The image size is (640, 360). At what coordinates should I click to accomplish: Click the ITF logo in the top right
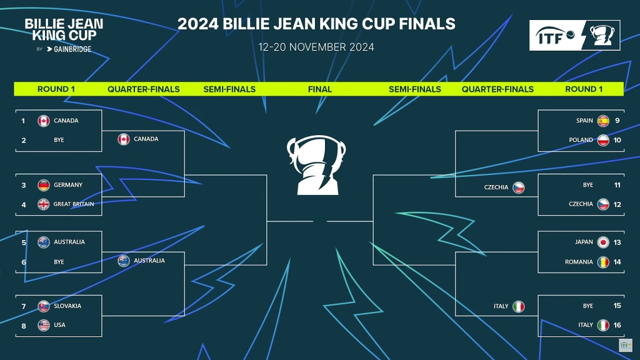click(x=575, y=36)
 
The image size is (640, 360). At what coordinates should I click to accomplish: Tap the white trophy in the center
click(x=316, y=165)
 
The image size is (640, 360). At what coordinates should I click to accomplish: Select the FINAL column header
click(x=319, y=89)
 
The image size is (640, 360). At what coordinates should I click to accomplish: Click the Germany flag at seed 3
click(x=44, y=185)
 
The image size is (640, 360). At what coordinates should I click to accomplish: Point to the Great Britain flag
click(x=44, y=204)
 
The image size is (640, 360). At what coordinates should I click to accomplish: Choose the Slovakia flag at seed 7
click(x=44, y=306)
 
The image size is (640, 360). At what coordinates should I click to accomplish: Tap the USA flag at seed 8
click(x=44, y=325)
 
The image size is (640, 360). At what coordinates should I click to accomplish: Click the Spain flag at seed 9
click(x=603, y=121)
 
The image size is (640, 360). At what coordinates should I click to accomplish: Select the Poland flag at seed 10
click(x=603, y=140)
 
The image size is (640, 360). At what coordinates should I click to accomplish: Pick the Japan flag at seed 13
click(x=603, y=242)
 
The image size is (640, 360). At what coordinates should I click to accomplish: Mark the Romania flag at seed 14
click(x=603, y=262)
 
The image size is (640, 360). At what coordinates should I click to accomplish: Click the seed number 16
click(x=617, y=325)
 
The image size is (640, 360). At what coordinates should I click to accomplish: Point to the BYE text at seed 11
click(x=587, y=185)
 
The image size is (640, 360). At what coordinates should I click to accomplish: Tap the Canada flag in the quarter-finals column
click(x=124, y=139)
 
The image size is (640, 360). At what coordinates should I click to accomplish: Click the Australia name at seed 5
click(x=69, y=242)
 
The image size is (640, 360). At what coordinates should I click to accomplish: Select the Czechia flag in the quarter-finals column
click(x=518, y=187)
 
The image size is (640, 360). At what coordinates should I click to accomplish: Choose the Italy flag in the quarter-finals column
click(x=518, y=306)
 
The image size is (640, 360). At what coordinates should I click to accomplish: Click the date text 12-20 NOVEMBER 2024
click(x=316, y=47)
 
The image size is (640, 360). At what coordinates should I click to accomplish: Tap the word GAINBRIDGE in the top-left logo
click(x=72, y=49)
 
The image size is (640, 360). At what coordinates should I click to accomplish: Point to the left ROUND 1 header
click(x=56, y=89)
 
